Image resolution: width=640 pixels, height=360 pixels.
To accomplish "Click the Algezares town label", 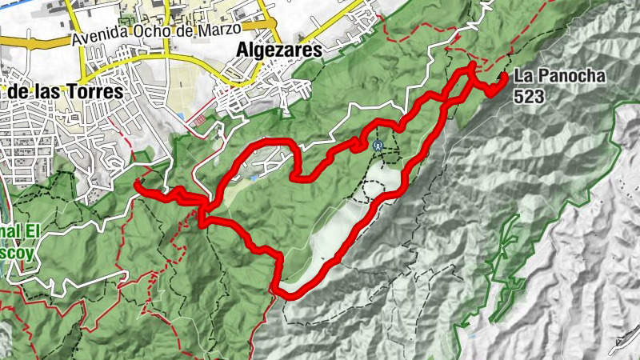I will [x=279, y=50].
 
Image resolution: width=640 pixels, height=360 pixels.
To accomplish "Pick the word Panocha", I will [x=570, y=77].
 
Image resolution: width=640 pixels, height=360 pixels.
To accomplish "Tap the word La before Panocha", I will [x=523, y=77].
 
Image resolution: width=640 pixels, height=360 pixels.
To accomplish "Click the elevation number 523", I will [x=530, y=96].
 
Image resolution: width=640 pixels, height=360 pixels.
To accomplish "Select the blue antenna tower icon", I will [x=378, y=146].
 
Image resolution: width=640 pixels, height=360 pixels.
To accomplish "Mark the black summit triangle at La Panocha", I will [x=503, y=77].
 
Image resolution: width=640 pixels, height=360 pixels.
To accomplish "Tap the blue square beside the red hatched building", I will [x=183, y=117].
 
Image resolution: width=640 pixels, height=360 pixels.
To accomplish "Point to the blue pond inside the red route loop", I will [x=253, y=178].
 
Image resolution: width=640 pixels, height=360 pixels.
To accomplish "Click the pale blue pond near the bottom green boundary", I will [x=472, y=334].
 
